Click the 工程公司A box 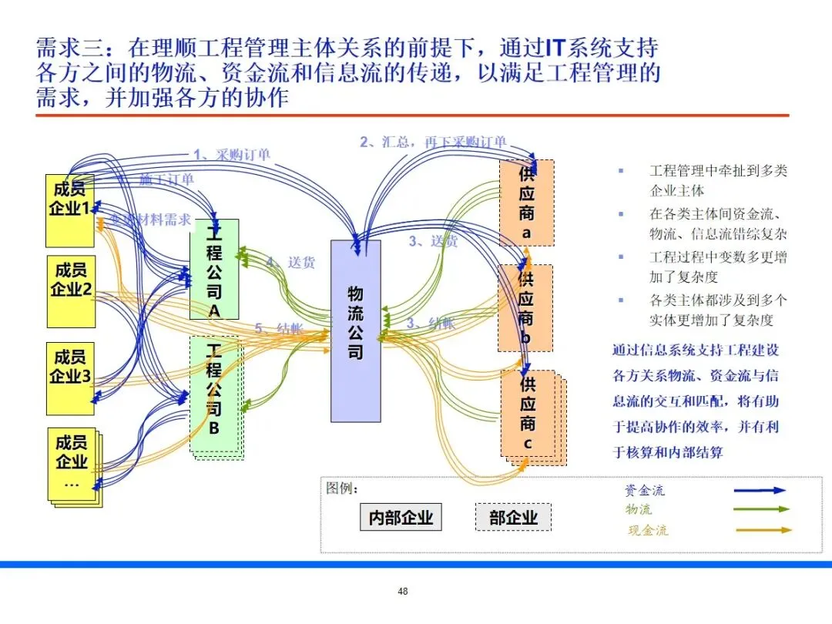coord(214,269)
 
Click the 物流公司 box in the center coord(355,330)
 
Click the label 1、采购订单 coord(231,154)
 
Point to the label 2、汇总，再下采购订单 coord(433,142)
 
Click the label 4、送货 coord(290,262)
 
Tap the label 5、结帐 coord(279,328)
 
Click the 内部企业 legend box coord(401,518)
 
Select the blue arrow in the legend coord(760,490)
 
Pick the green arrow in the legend coord(760,509)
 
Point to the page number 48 coord(402,592)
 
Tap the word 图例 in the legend coord(342,488)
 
